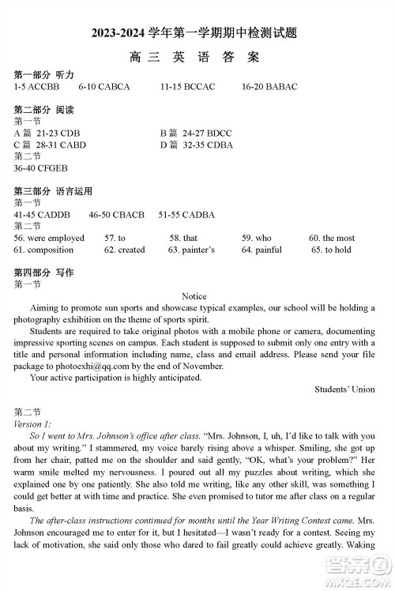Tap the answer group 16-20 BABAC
tap(269, 87)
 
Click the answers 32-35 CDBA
tap(208, 145)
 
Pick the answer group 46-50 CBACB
tap(117, 214)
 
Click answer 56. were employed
tap(49, 238)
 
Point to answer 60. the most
tap(332, 238)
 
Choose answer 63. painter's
tap(191, 250)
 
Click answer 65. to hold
tap(332, 250)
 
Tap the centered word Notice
tap(194, 296)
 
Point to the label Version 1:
tap(32, 423)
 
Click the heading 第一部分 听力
tap(43, 74)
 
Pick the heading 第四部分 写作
tap(43, 272)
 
